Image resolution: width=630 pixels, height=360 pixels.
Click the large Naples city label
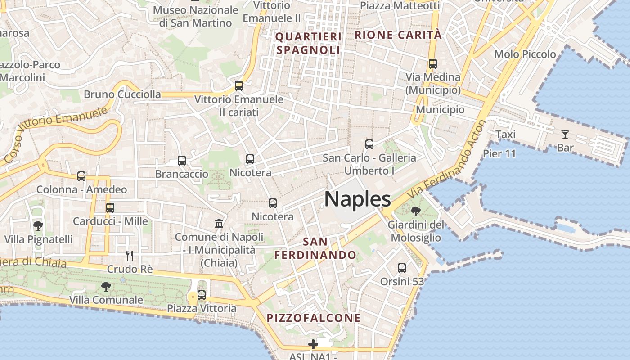coord(357,199)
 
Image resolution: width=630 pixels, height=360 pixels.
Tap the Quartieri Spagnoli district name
coord(308,43)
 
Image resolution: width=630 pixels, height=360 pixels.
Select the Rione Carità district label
coord(398,35)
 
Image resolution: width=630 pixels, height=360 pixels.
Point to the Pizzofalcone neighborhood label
coord(314,318)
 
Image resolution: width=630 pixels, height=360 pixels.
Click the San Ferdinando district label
coord(315,248)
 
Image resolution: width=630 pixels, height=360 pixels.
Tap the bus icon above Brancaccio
coord(182,161)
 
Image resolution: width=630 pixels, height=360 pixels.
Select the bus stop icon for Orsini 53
coord(402,268)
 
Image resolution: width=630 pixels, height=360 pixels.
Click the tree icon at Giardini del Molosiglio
coord(416,211)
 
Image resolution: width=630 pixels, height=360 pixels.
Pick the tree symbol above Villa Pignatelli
coord(38,225)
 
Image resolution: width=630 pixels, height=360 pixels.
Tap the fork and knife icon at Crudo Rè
coord(130,256)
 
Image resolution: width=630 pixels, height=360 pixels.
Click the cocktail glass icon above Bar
coord(565,134)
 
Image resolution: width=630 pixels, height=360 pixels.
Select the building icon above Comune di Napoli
coord(219,223)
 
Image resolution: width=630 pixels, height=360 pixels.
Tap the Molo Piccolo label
coord(525,54)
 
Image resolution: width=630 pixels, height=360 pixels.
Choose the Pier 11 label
coord(499,153)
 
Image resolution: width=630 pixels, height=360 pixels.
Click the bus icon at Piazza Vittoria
coord(202,295)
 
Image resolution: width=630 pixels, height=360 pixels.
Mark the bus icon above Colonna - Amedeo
coord(81,176)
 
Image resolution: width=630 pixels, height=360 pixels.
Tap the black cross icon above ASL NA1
coord(313,345)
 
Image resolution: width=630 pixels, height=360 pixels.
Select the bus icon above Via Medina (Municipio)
coord(433,64)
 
